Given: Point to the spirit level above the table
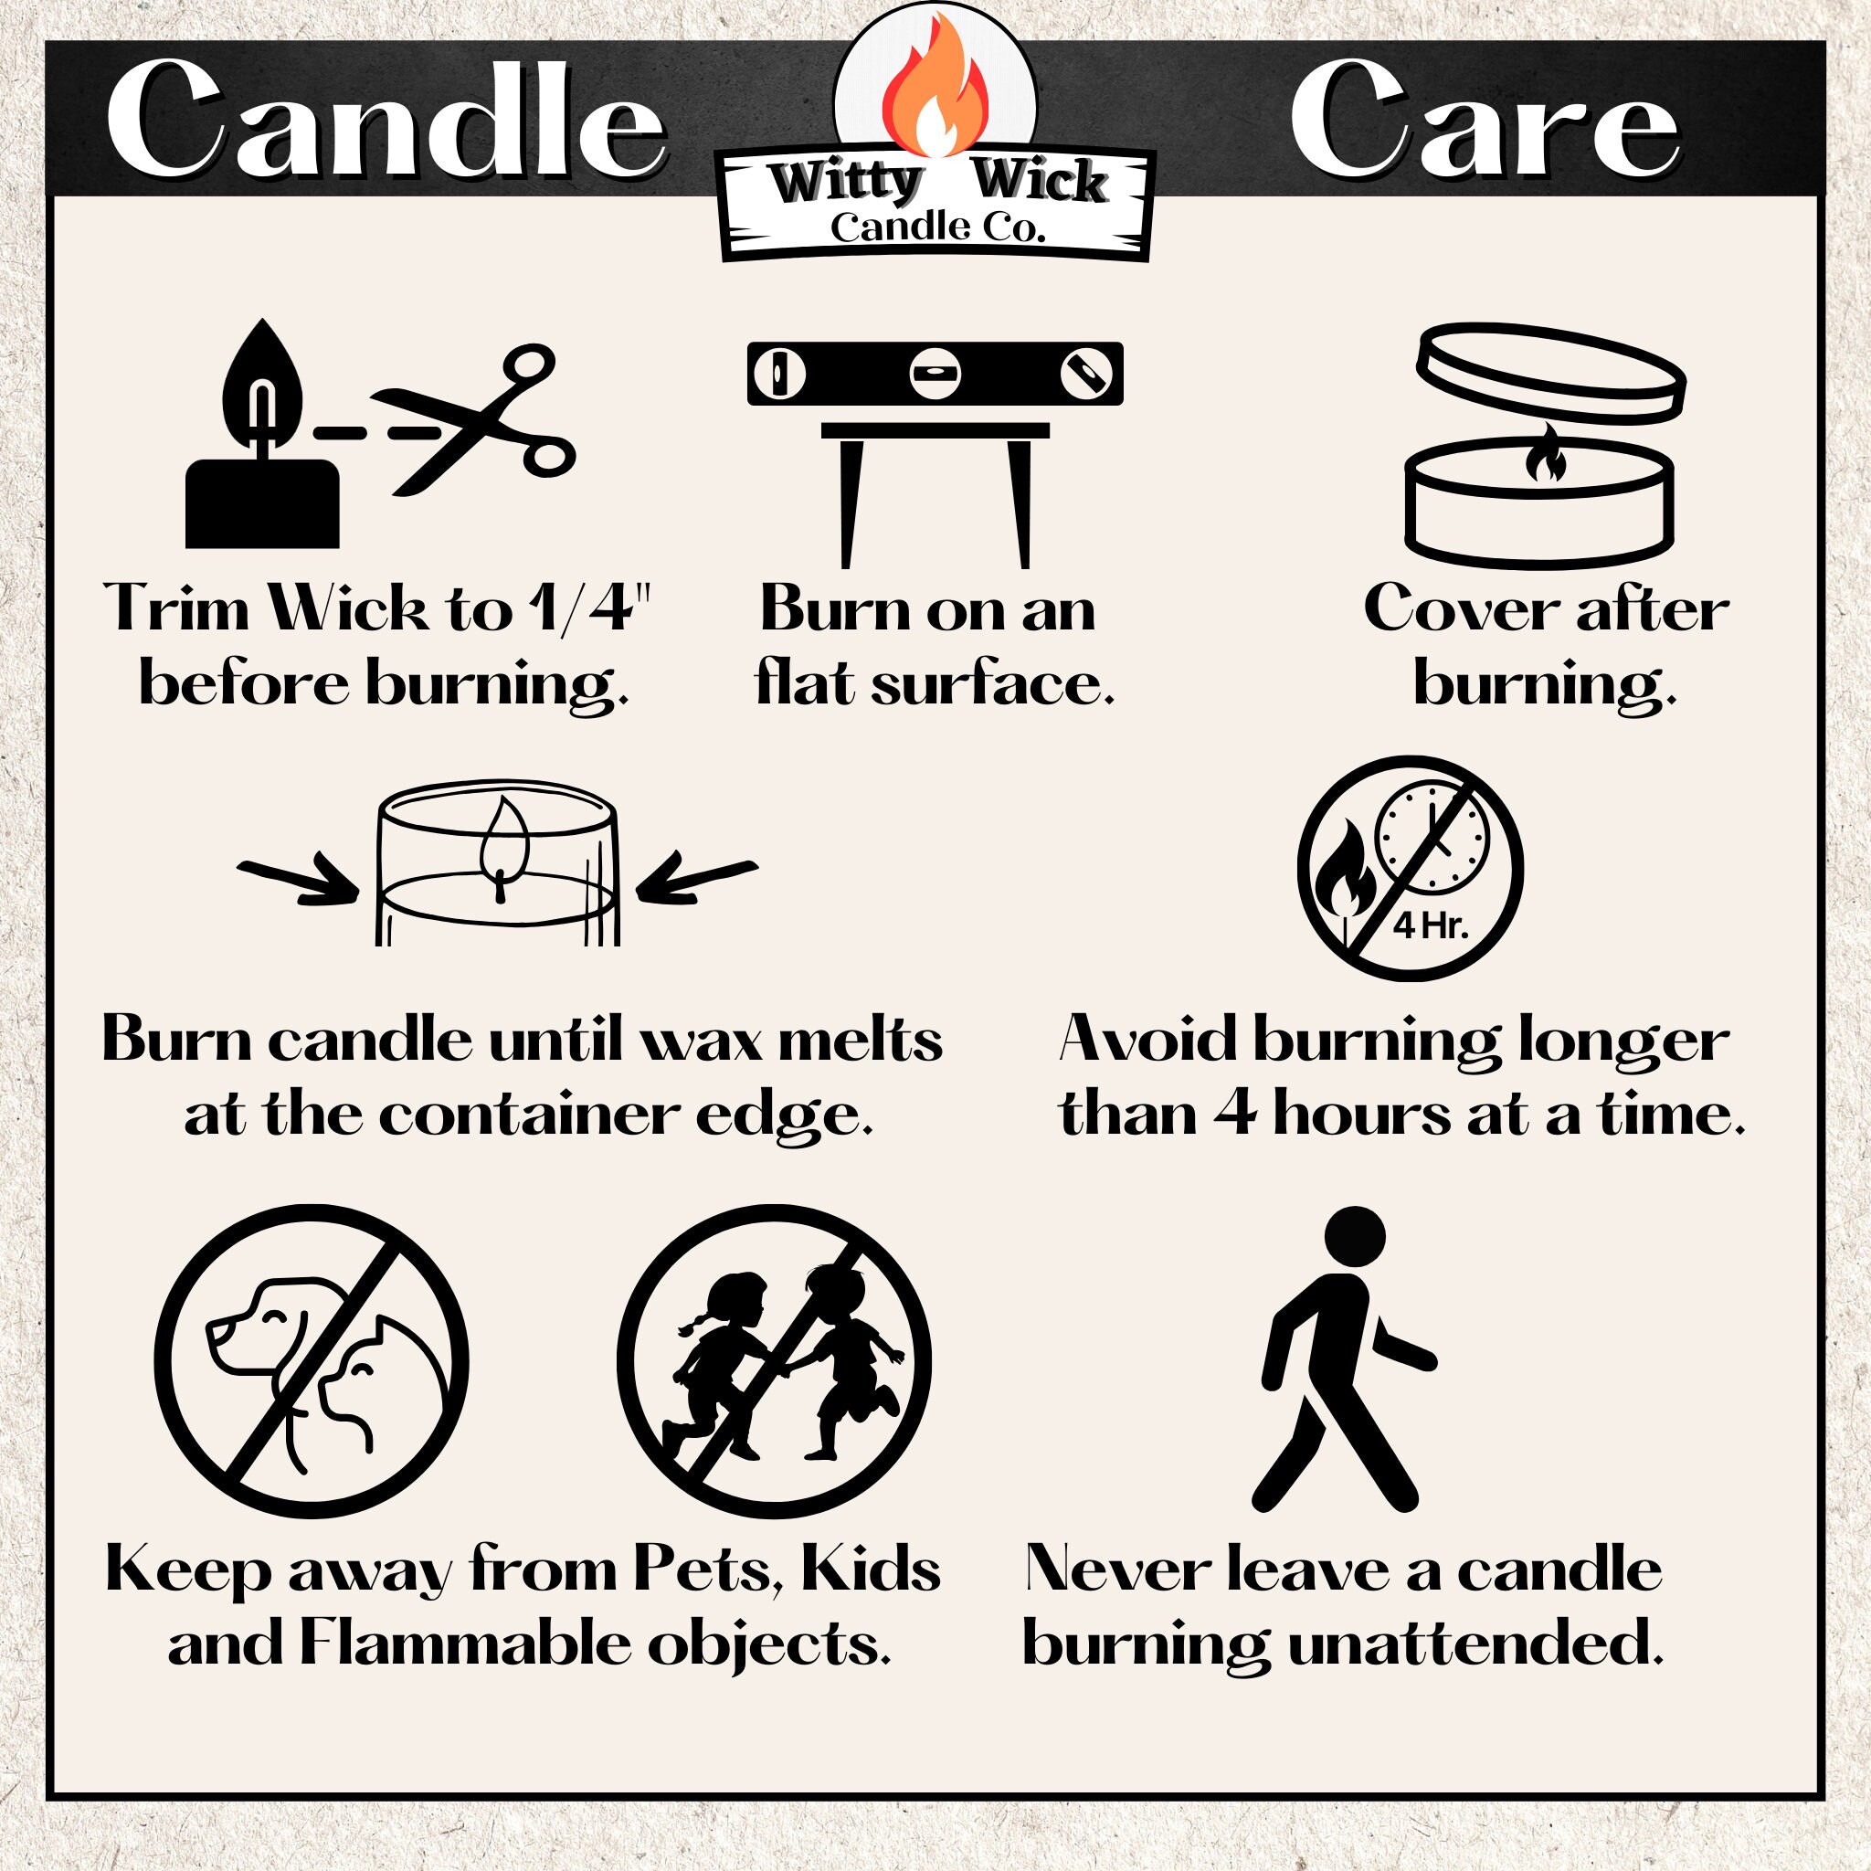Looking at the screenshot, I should pyautogui.click(x=935, y=373).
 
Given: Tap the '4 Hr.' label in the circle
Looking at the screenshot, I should pyautogui.click(x=1431, y=926).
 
